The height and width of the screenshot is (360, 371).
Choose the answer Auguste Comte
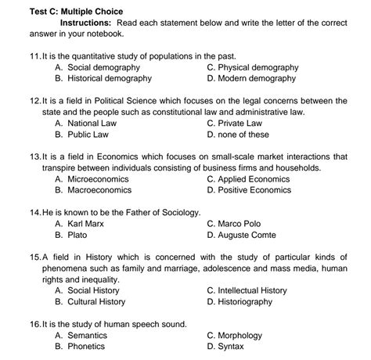(x=252, y=235)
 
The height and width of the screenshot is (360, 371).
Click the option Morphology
(x=245, y=335)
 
